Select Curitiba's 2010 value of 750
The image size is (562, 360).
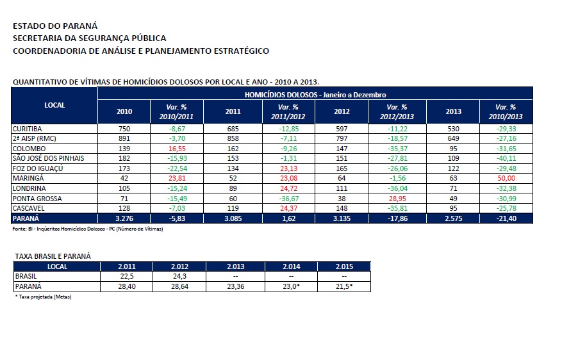click(124, 128)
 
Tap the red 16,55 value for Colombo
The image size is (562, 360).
click(176, 148)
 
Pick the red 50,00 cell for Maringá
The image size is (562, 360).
click(506, 177)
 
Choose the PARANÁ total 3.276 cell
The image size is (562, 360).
click(124, 218)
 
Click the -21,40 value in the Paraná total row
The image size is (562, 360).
click(506, 218)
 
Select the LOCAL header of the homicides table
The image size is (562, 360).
click(54, 104)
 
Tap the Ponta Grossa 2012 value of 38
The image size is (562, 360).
click(342, 198)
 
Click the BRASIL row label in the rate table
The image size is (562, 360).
click(26, 276)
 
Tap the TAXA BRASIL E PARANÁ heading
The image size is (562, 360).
click(53, 256)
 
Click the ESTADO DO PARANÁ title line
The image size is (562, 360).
click(55, 26)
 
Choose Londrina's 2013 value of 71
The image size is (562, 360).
click(453, 188)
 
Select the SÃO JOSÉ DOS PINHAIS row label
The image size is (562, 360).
click(49, 158)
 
